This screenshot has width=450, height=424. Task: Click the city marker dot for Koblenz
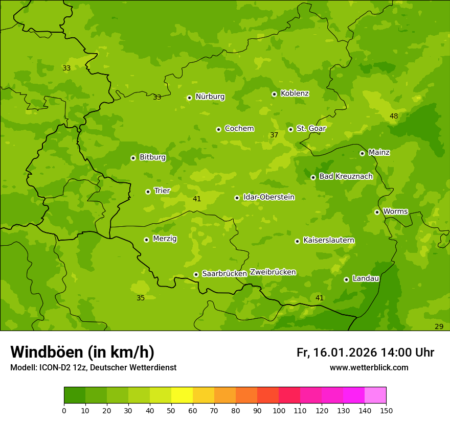click(274, 94)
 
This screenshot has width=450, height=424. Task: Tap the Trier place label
click(162, 191)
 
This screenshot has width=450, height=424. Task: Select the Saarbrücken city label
click(224, 274)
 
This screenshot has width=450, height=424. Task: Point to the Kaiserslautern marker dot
click(297, 241)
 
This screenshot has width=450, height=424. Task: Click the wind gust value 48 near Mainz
click(394, 116)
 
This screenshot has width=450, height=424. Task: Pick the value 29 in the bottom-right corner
click(439, 326)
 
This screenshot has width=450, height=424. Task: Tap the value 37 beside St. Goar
click(274, 135)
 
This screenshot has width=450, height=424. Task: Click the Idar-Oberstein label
click(269, 197)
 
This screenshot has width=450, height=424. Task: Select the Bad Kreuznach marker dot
click(313, 177)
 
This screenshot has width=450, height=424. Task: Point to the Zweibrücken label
click(273, 272)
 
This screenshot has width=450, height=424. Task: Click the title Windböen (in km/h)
click(82, 352)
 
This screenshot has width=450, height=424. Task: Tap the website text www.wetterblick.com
click(369, 367)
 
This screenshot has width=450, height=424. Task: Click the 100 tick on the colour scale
click(279, 410)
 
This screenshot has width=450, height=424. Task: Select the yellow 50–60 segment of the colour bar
click(182, 395)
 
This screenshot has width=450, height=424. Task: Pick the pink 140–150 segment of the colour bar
click(375, 395)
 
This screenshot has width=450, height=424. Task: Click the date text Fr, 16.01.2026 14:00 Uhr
click(365, 352)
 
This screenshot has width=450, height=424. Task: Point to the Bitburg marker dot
click(133, 158)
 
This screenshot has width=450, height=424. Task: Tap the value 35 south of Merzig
click(141, 298)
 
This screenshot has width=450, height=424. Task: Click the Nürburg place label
click(210, 97)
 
